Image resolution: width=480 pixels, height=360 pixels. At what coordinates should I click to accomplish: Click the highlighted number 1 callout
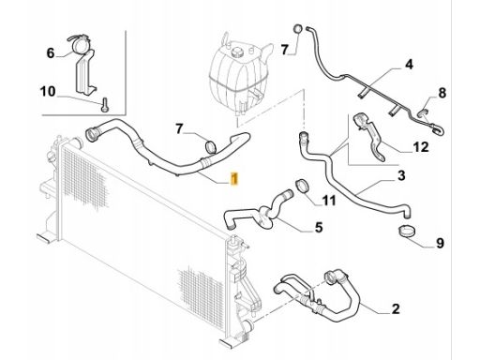234,178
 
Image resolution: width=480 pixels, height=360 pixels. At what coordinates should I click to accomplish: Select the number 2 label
396,308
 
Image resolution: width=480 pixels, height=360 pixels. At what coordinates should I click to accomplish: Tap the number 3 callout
401,175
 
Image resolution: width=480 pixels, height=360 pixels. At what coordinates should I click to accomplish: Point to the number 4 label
409,65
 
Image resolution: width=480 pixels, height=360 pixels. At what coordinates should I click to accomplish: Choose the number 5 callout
319,227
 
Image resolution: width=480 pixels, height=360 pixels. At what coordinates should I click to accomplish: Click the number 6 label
51,53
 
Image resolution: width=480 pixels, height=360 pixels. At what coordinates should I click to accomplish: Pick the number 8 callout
442,93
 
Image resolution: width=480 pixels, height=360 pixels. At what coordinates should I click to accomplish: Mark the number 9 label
440,243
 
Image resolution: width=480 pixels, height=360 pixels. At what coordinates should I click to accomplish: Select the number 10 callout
48,92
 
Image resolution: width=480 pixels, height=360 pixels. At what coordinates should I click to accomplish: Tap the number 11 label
329,201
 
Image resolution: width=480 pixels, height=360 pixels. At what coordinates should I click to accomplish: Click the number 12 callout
421,146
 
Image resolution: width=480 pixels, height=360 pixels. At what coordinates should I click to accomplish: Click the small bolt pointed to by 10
105,105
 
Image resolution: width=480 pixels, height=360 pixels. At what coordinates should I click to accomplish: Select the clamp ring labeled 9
407,231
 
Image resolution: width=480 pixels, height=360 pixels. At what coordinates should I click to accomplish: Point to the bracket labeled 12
370,135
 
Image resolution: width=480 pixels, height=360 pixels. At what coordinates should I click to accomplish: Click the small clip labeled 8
423,112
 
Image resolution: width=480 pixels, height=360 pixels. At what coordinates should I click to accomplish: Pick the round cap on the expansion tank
237,52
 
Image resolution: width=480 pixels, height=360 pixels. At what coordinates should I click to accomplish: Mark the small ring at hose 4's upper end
298,29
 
